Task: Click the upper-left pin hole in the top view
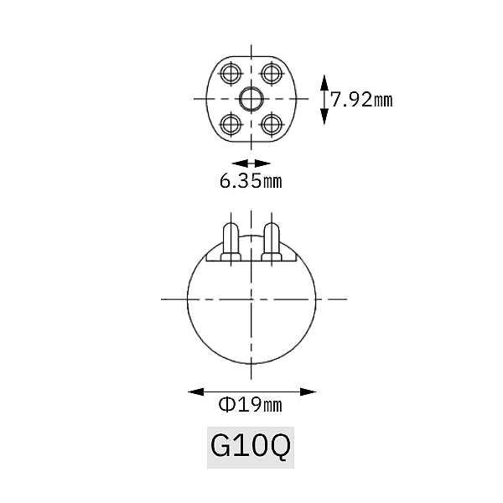(231, 74)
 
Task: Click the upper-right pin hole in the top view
(272, 74)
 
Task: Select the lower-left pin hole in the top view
(231, 124)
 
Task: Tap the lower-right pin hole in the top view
(272, 124)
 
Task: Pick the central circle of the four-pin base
(251, 99)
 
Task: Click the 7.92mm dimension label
(361, 100)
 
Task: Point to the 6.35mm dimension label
(251, 181)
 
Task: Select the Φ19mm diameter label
(250, 405)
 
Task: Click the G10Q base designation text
(251, 446)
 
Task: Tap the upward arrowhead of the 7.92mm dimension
(324, 83)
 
